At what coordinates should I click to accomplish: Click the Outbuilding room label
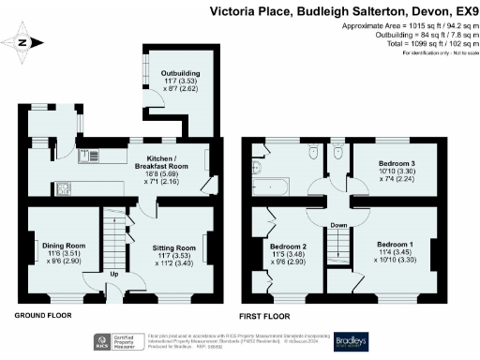[179, 72]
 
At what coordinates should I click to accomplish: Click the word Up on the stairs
[115, 275]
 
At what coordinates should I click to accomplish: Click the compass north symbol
[25, 41]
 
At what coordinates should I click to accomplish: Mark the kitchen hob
[66, 189]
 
